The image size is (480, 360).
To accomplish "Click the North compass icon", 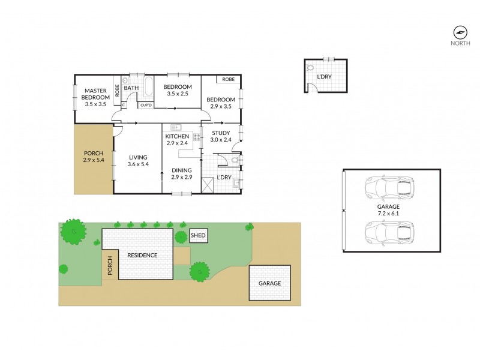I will click(460, 32).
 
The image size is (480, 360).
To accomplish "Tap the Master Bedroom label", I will click(95, 97).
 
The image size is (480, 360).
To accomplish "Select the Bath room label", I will click(131, 88).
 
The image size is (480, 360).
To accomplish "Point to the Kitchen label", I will click(177, 136).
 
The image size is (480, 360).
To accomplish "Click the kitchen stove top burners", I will click(196, 137).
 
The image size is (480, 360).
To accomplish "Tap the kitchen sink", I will click(176, 127).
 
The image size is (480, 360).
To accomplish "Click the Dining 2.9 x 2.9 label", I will click(181, 173).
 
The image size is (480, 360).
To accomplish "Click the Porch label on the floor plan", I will click(94, 157).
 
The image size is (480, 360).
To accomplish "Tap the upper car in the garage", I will click(389, 188).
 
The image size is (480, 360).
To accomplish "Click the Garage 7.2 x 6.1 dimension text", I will click(390, 211).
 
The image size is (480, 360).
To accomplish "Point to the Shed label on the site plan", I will click(198, 236).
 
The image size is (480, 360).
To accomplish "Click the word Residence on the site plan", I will click(142, 255).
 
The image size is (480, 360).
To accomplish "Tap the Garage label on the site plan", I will click(269, 283).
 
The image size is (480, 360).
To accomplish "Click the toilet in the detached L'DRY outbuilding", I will click(310, 68).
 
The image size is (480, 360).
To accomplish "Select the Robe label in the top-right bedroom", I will click(228, 79).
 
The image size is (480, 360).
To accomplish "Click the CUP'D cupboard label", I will click(146, 105).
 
